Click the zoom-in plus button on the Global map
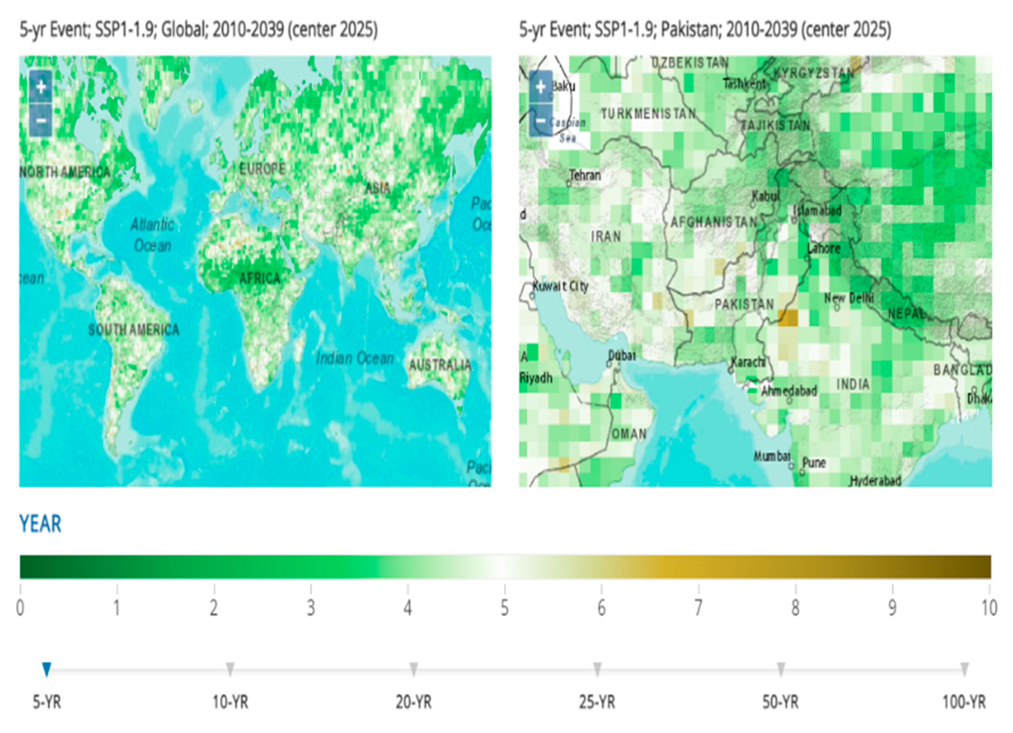[x=41, y=87]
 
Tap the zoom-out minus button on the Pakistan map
[x=540, y=120]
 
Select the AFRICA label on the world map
[x=260, y=279]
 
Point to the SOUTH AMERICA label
[x=134, y=330]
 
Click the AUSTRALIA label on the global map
[x=440, y=365]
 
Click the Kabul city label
[x=765, y=196]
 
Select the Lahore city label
[x=824, y=248]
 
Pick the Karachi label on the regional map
[x=748, y=362]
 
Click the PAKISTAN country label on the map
[x=744, y=305]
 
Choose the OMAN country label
[x=629, y=434]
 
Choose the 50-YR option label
[x=780, y=702]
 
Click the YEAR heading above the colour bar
[x=40, y=524]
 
